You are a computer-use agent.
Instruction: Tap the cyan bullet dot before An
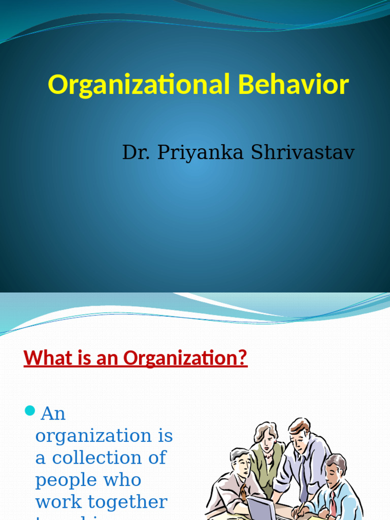(x=30, y=410)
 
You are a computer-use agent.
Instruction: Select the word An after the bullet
(x=53, y=413)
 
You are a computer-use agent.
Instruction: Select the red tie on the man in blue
(x=332, y=503)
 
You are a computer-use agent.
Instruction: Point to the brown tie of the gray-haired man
(x=244, y=493)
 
